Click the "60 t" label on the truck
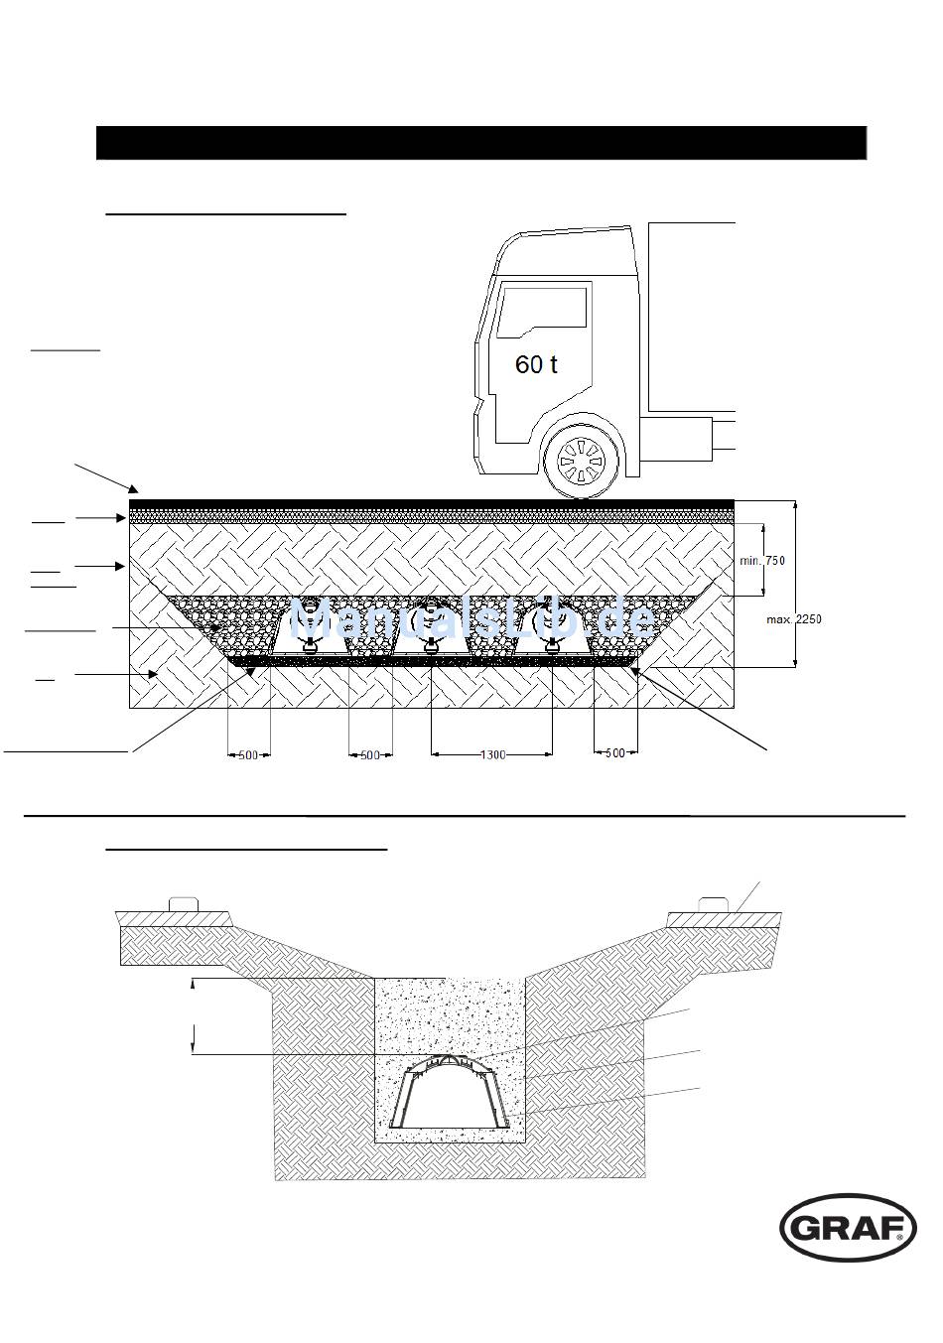(x=536, y=364)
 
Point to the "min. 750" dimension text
(x=762, y=561)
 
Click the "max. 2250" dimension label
(x=793, y=619)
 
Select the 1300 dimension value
(x=492, y=755)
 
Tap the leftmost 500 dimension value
(x=248, y=755)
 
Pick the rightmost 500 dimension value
(x=615, y=753)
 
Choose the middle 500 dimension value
(x=370, y=755)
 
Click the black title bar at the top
(x=481, y=143)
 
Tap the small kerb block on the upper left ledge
(x=185, y=904)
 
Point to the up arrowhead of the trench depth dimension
(x=194, y=983)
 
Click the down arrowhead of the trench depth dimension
(x=194, y=1049)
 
